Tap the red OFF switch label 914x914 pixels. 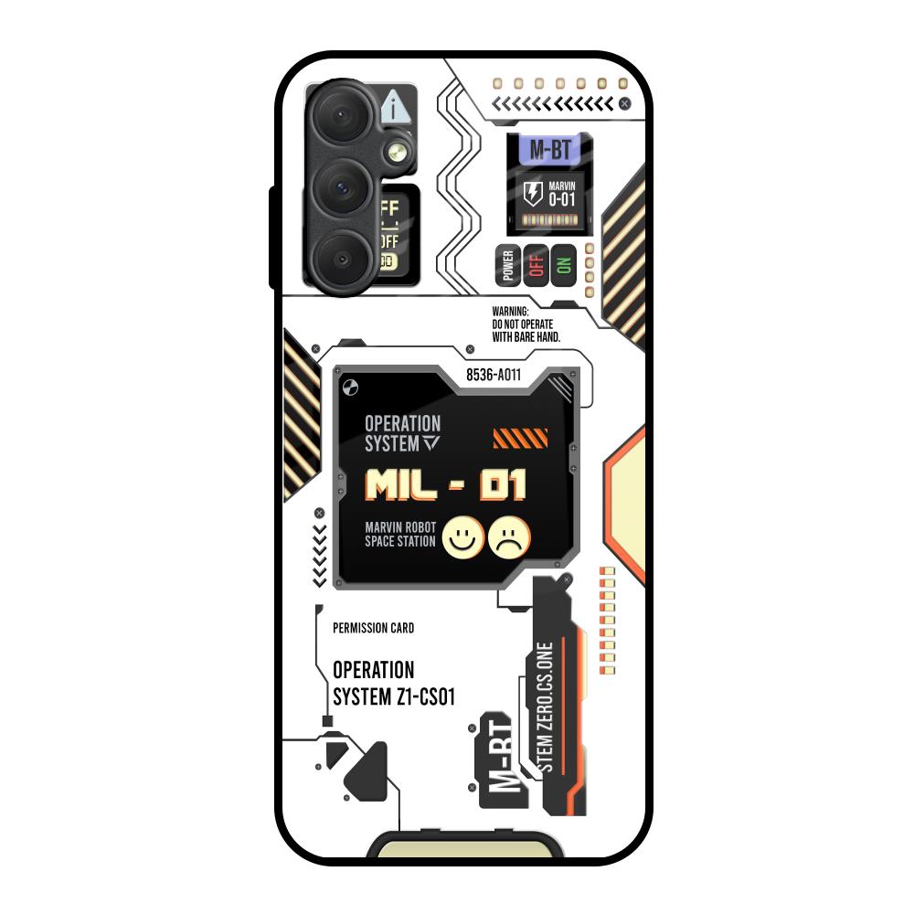(x=536, y=264)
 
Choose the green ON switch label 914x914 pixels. (x=563, y=264)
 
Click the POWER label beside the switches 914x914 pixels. (x=508, y=264)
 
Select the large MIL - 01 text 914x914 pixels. (x=446, y=485)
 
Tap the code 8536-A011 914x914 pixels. (x=494, y=375)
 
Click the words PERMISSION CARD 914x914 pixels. (x=373, y=628)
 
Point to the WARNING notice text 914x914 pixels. (x=526, y=324)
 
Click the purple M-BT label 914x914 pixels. (x=549, y=151)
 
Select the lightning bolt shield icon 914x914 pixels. (x=532, y=193)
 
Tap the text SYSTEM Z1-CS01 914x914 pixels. (x=394, y=697)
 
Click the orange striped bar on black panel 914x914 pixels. (x=520, y=439)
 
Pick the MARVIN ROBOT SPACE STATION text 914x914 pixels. (x=400, y=535)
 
